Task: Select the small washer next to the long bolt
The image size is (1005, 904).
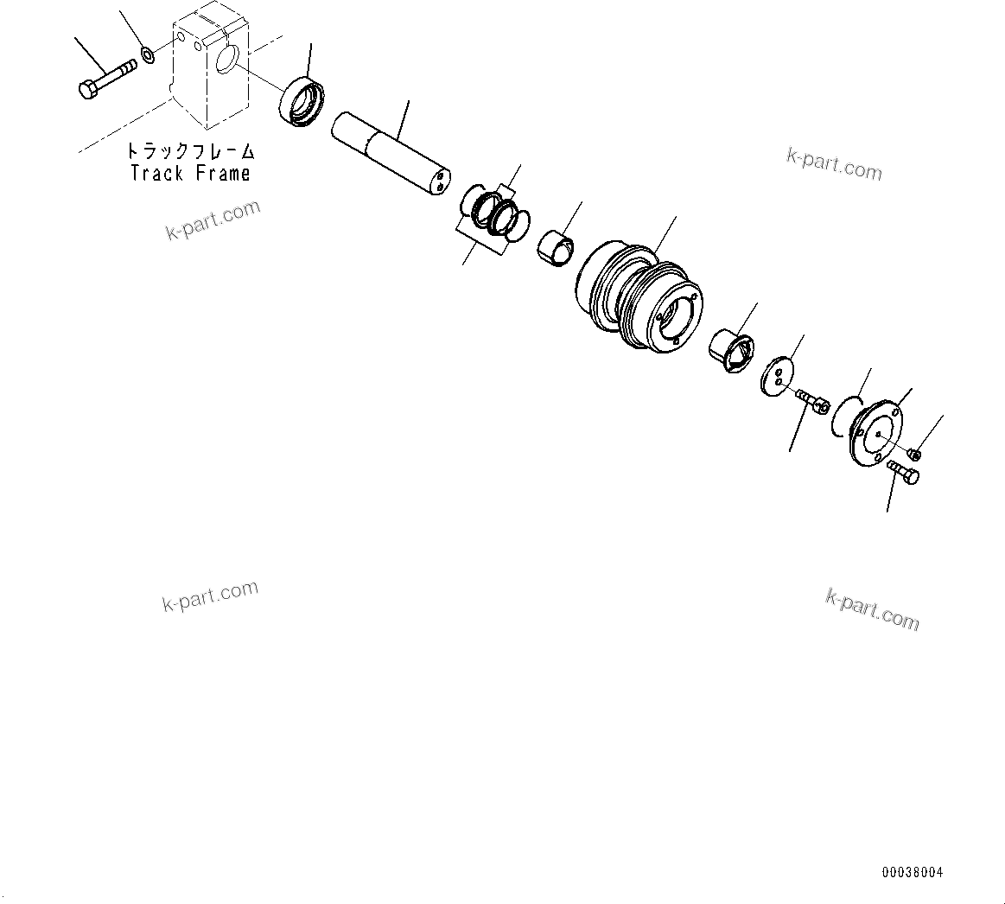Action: point(148,56)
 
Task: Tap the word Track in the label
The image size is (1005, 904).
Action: point(156,173)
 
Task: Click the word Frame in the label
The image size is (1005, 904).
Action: point(222,173)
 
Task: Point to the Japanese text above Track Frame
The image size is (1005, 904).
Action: point(191,151)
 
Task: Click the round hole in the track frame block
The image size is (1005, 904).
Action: point(227,59)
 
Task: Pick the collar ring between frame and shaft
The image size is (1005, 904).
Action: point(301,100)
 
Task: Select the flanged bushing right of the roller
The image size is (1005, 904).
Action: point(730,350)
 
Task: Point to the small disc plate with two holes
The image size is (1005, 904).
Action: point(778,374)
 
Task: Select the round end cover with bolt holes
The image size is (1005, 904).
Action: point(875,433)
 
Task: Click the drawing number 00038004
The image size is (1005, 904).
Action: point(913,873)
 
